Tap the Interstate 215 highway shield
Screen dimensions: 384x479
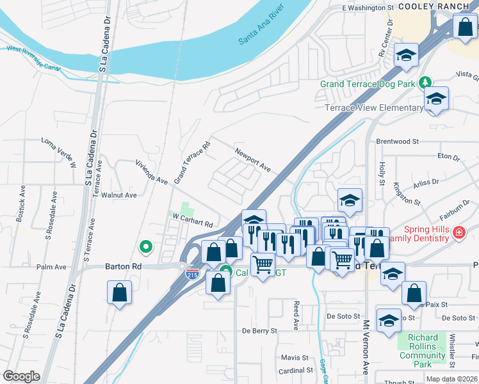(x=191, y=274)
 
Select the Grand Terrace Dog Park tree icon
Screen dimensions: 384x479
(x=424, y=83)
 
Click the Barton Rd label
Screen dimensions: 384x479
(x=124, y=266)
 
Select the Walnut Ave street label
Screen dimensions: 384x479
(x=122, y=195)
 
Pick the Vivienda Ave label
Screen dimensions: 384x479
(x=151, y=172)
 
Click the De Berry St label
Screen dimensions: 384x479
(x=259, y=331)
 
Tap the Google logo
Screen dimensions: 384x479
(x=21, y=376)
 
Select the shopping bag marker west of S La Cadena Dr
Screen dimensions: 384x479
(x=119, y=294)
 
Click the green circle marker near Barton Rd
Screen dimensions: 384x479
(x=146, y=246)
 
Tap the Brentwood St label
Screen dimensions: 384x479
(x=397, y=141)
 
